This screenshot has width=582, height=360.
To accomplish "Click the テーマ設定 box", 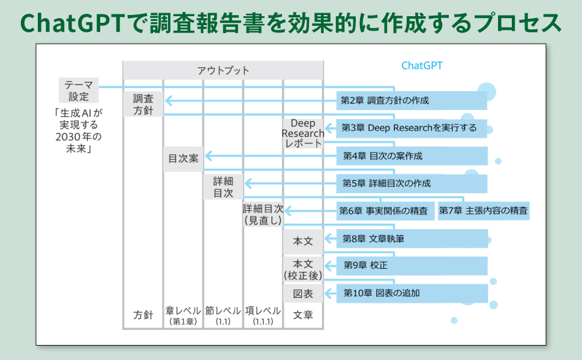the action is [79, 90].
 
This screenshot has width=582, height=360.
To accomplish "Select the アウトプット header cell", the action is [223, 70].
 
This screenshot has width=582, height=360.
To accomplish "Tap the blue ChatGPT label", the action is [422, 65].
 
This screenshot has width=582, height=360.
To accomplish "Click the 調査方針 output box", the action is [143, 104].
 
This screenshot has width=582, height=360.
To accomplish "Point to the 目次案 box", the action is [184, 159].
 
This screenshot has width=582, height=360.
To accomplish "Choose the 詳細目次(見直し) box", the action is [263, 215].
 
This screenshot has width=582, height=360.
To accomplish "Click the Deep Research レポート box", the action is [303, 133].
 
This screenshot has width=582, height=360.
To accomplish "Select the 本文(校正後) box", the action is [303, 269].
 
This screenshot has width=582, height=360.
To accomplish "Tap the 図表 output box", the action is [303, 293].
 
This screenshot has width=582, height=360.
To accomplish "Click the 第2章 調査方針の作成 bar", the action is [412, 101].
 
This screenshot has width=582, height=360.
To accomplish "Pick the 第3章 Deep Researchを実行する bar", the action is [412, 128].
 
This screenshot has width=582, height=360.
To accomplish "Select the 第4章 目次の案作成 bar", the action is [412, 156].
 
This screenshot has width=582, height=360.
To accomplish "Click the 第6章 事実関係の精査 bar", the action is [385, 211].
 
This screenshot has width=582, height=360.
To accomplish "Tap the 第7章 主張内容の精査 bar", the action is [484, 211].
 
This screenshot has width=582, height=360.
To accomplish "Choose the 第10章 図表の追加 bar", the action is [412, 293].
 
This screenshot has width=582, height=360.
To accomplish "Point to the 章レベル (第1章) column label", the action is [184, 316].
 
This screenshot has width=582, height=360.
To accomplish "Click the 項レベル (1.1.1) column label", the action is [263, 316].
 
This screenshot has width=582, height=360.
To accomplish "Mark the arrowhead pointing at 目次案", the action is [209, 156].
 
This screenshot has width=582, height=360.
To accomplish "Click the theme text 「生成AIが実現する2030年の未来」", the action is [79, 131].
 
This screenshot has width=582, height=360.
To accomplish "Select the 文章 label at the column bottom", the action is [303, 315].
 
